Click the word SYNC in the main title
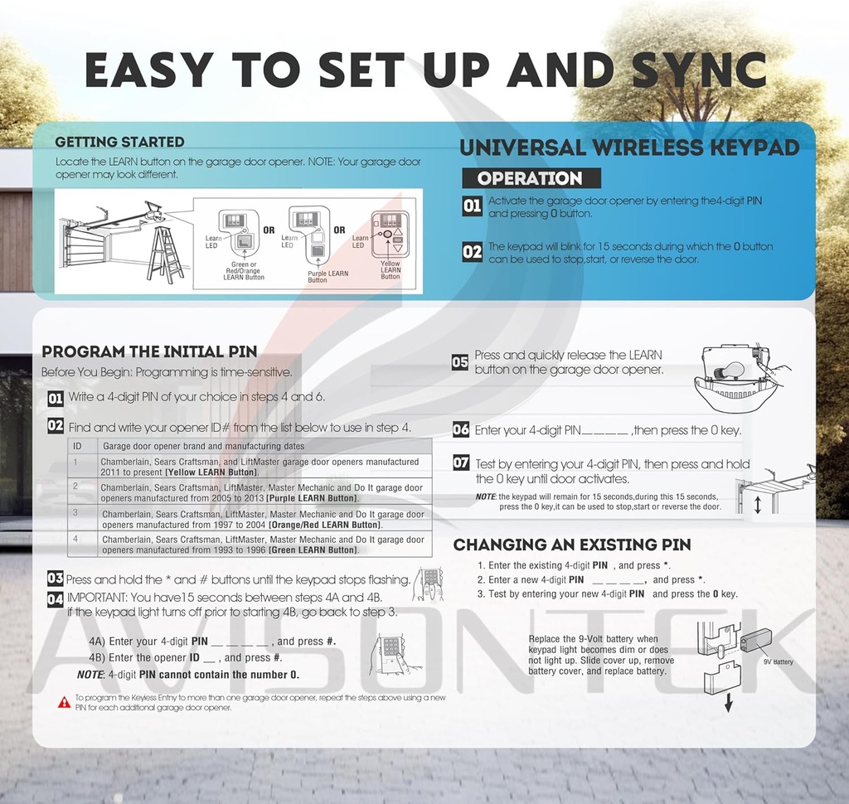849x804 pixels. coord(698,70)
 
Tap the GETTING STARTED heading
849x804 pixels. coord(119,142)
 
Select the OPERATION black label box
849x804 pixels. coord(531,178)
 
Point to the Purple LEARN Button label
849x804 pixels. coord(327,277)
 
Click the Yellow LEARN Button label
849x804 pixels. coord(391,270)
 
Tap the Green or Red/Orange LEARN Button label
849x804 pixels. coord(244,271)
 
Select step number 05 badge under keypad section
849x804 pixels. coord(459,361)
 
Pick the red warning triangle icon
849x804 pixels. coord(64,702)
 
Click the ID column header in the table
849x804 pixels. coord(77,446)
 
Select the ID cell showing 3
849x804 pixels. coord(75,512)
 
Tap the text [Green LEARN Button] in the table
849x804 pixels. coord(313,550)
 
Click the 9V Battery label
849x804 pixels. coord(778,661)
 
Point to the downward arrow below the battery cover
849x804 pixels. coord(729,703)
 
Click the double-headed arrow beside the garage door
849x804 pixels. coord(758,504)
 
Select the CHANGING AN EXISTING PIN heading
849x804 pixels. coord(572,545)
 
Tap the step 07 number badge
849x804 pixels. coord(461,463)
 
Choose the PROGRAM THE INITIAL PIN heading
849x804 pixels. coord(149,352)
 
